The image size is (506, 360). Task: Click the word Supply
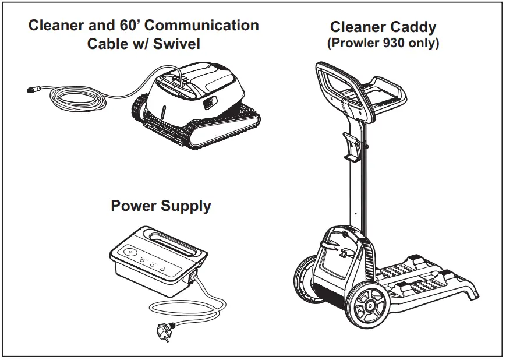(186, 207)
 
